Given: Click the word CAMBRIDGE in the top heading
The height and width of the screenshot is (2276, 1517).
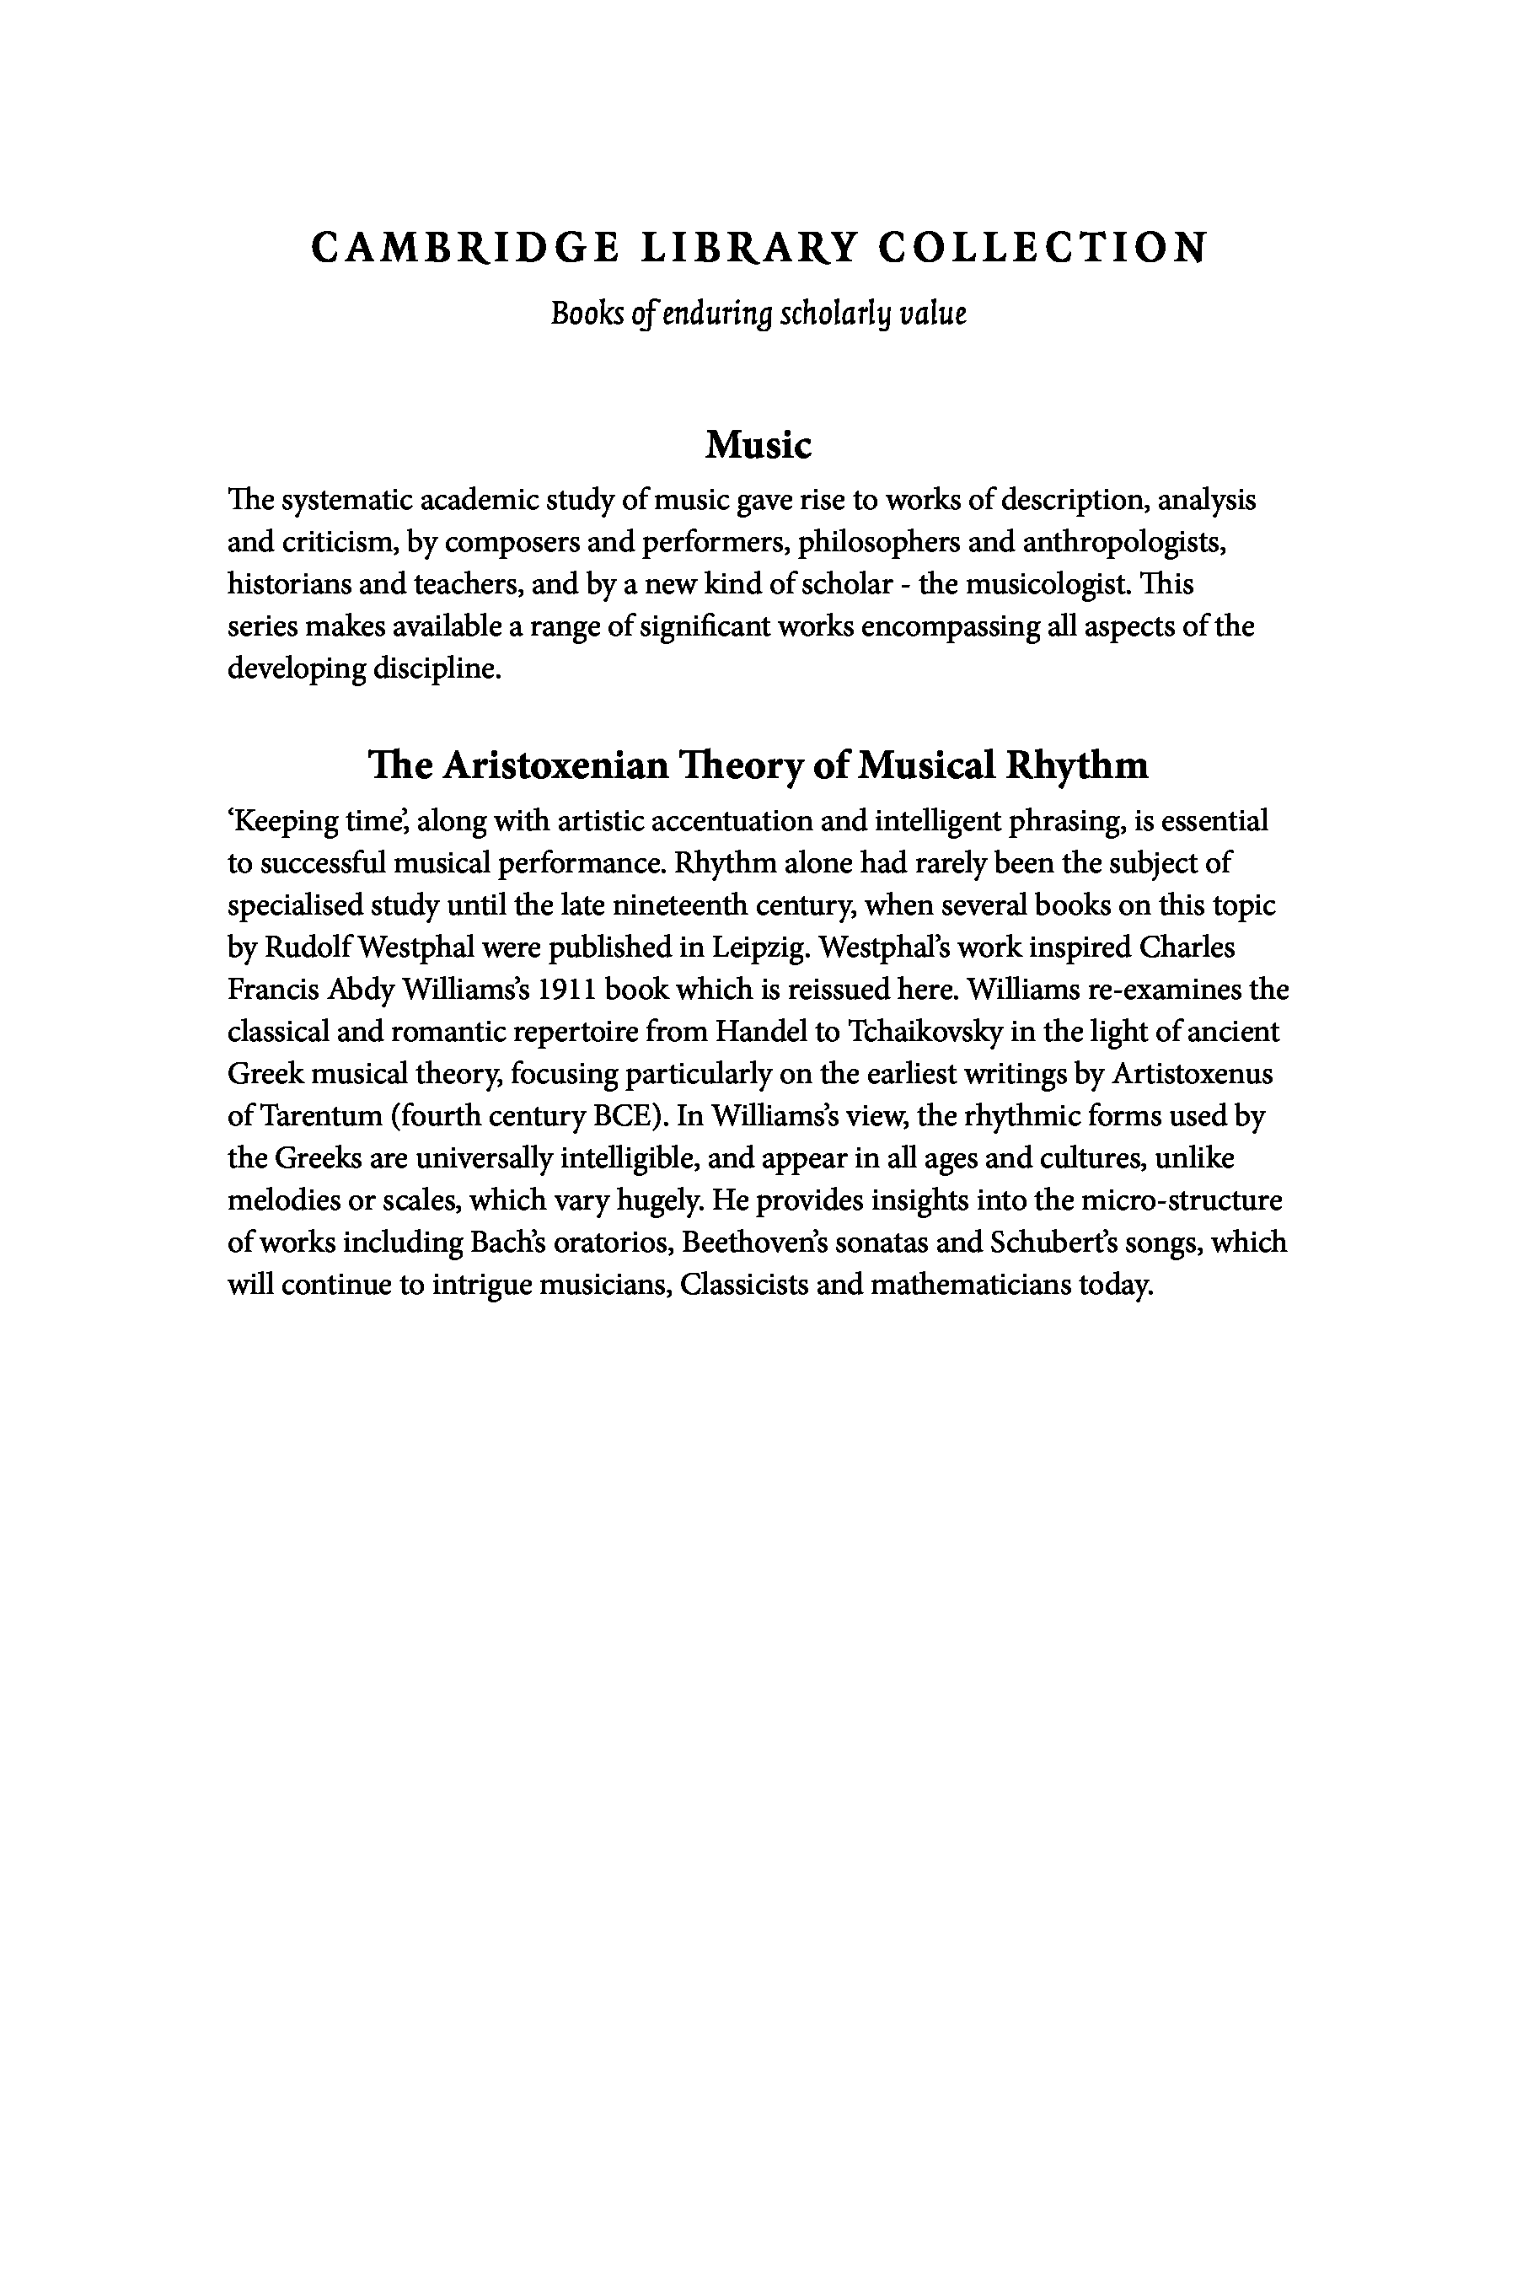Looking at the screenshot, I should pos(464,248).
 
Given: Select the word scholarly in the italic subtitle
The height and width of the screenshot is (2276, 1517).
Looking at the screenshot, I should pos(836,314).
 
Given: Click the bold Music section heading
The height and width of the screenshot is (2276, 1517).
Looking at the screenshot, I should pos(758,445).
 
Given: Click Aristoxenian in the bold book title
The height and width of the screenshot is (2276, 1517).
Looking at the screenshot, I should pos(556,765).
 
